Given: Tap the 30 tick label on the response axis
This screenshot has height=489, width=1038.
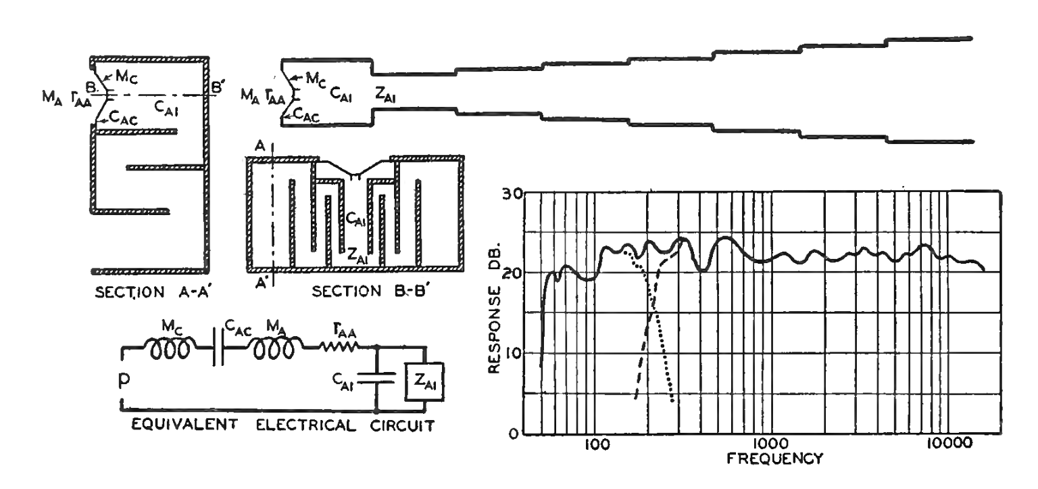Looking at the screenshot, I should pyautogui.click(x=513, y=194).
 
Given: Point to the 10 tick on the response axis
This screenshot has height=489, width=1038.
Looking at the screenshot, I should pyautogui.click(x=513, y=353).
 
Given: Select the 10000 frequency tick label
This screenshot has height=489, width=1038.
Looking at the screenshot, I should pyautogui.click(x=945, y=444).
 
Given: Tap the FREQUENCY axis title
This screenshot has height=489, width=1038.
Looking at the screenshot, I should pyautogui.click(x=774, y=459).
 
